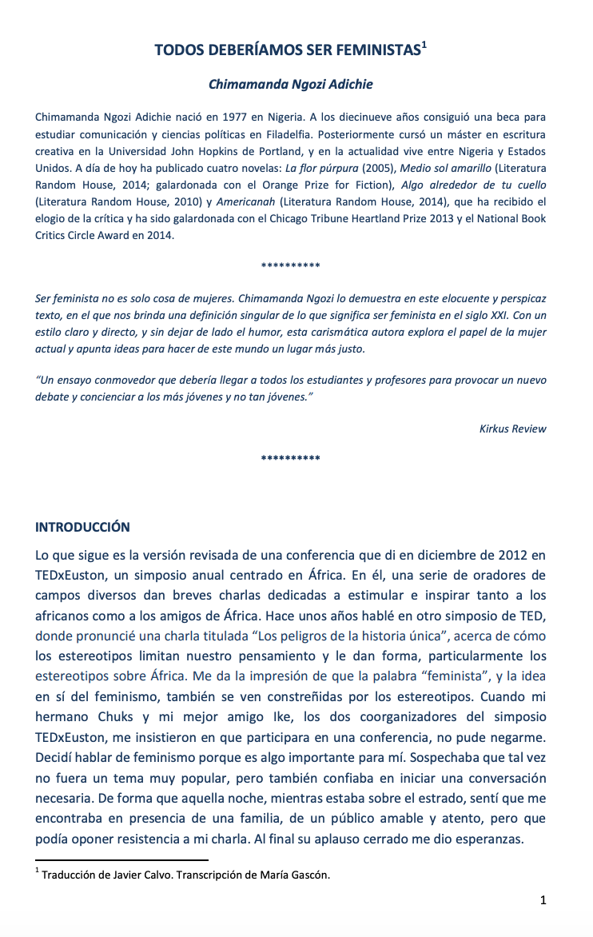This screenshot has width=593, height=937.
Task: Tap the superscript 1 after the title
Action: pyautogui.click(x=424, y=46)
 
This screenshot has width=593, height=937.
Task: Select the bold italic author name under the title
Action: pyautogui.click(x=291, y=84)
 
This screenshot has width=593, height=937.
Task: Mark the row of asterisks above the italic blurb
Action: pyautogui.click(x=291, y=265)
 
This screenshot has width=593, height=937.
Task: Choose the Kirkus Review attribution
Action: pyautogui.click(x=512, y=429)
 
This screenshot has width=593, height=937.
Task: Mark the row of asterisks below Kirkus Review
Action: pyautogui.click(x=291, y=459)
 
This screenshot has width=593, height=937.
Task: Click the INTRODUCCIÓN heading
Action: pyautogui.click(x=82, y=528)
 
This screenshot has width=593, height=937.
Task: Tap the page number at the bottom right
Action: pyautogui.click(x=543, y=901)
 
